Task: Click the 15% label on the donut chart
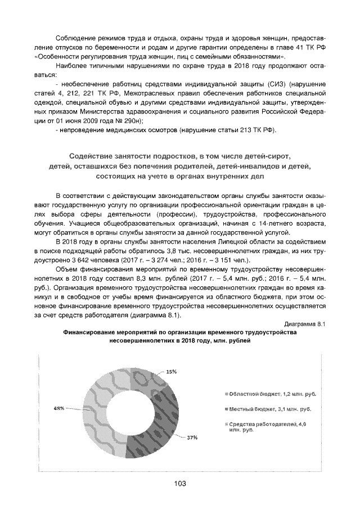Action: pyautogui.click(x=171, y=371)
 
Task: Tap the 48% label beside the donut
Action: pyautogui.click(x=59, y=408)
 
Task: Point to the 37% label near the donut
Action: pyautogui.click(x=192, y=437)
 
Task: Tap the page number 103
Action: pyautogui.click(x=180, y=484)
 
